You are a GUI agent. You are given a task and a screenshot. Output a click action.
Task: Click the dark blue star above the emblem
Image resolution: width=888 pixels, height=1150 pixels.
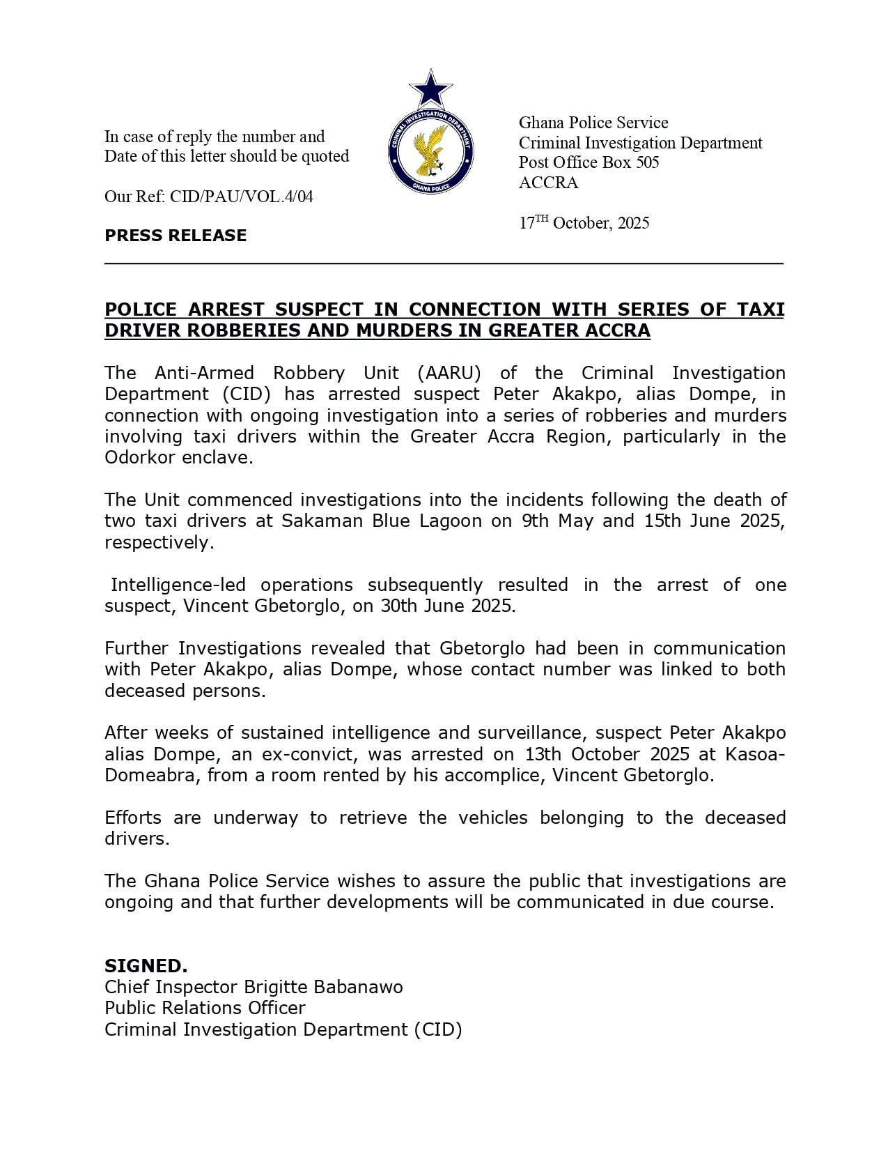coord(430,89)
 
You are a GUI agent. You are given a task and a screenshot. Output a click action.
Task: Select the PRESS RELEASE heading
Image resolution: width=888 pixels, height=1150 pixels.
coord(176,236)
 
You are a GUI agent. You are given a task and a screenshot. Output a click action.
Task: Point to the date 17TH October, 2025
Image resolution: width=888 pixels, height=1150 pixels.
coord(584,223)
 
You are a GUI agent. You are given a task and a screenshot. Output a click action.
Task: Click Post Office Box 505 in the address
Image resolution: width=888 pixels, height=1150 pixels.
coord(589,162)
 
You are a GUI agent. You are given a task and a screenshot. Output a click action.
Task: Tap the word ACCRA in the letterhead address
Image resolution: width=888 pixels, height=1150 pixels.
coord(548,183)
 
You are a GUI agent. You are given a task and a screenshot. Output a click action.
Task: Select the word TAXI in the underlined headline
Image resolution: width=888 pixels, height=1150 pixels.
coord(761,309)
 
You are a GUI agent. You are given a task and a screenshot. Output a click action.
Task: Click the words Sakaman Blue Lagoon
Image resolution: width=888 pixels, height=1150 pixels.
coord(381,521)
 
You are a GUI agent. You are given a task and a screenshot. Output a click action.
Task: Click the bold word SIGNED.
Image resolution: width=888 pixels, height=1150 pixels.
coord(146,966)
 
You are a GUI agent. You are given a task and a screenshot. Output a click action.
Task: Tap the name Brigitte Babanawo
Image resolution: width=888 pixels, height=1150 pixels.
coord(322,988)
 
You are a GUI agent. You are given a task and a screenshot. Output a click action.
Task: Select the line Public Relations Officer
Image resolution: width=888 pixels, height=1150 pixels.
coord(205,1009)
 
